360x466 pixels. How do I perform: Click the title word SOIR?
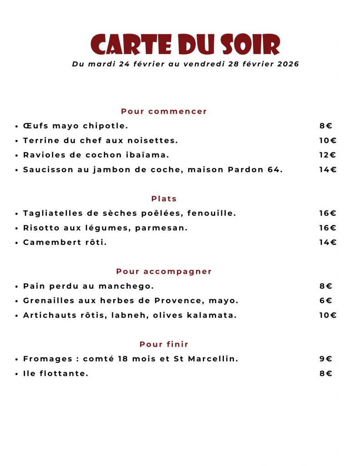pos(250,45)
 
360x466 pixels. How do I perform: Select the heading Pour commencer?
pos(164,111)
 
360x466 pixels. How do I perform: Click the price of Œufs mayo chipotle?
pos(326,126)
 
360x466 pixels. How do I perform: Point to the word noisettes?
pos(152,141)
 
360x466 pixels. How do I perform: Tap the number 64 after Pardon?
pos(274,170)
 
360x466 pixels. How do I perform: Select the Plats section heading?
pos(164,199)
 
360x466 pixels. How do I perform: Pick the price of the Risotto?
pos(328,228)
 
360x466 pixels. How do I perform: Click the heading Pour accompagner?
pos(164,272)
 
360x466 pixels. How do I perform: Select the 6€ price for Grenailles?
pos(326,301)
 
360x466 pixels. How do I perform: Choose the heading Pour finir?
pos(164,344)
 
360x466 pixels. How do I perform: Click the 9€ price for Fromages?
pos(326,359)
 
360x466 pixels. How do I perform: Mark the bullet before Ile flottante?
pos(16,374)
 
